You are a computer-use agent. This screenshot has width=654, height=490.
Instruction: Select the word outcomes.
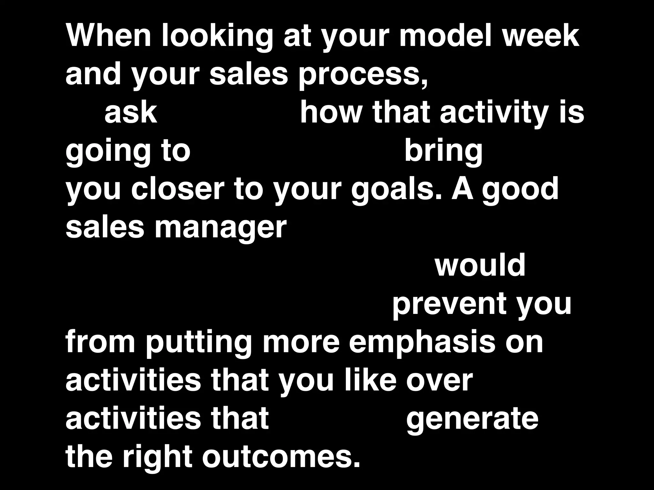click(x=281, y=457)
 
